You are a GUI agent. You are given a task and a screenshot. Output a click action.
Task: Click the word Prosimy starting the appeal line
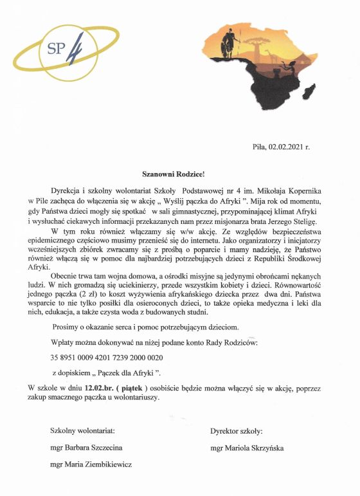(66, 328)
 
